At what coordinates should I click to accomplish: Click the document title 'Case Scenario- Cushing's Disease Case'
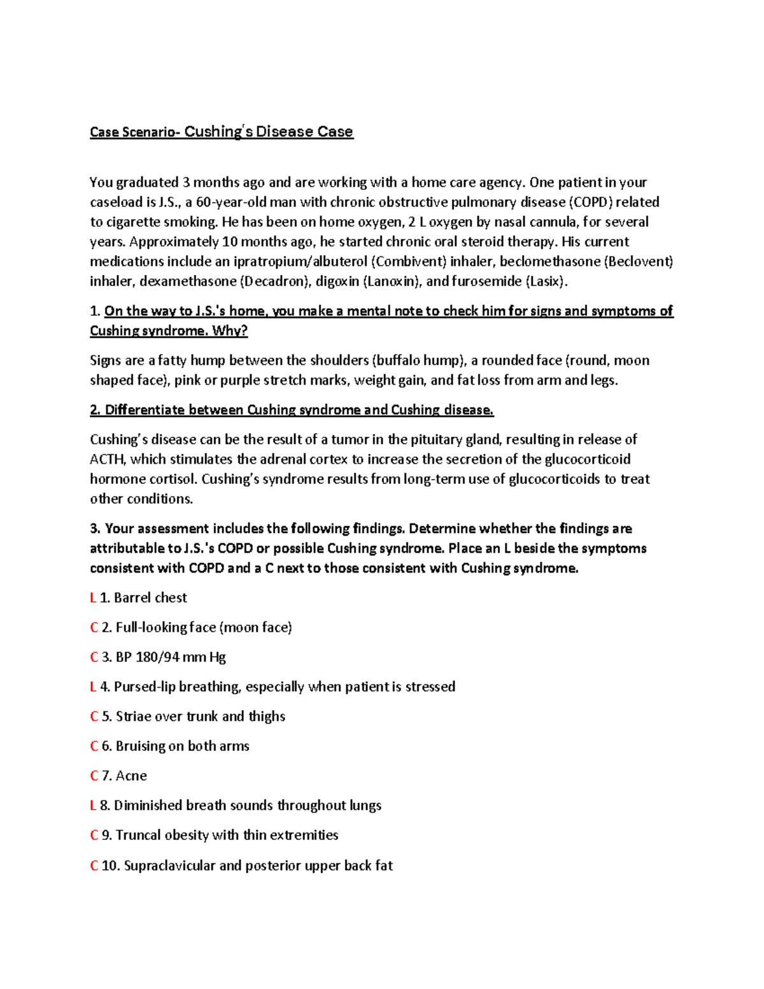tap(221, 132)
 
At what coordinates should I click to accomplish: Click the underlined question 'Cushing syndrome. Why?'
tap(168, 331)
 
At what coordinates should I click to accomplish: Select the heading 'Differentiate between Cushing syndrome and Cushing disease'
tap(292, 410)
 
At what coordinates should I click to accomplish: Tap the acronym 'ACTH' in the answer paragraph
tap(108, 459)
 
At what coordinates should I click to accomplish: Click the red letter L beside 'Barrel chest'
tap(93, 598)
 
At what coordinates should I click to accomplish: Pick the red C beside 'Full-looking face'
tap(94, 628)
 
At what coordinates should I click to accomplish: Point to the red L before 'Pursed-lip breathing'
tap(93, 687)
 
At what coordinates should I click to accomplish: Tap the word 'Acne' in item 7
tap(131, 776)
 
